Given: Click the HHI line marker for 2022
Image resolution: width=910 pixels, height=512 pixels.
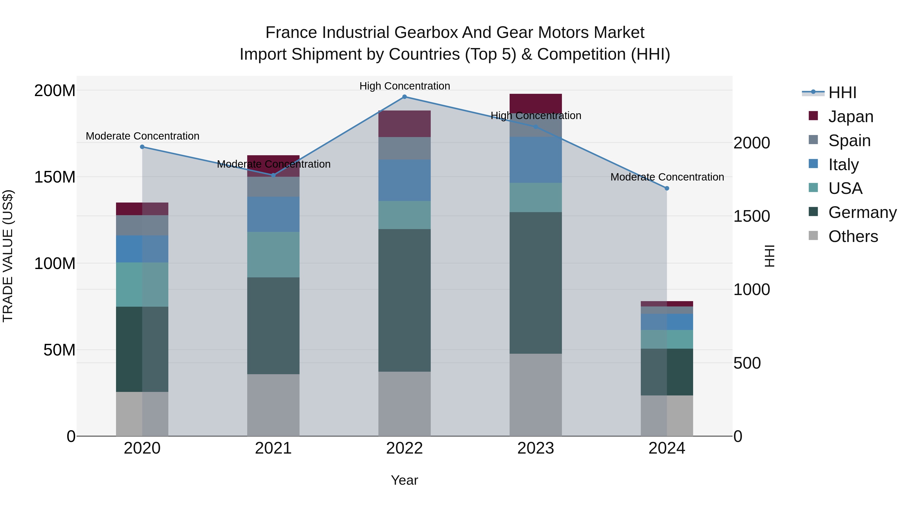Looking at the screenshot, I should [x=404, y=97].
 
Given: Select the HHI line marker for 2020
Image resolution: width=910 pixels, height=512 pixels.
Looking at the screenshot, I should [x=142, y=147].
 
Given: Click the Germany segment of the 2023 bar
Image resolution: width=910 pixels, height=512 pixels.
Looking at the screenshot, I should [x=536, y=283].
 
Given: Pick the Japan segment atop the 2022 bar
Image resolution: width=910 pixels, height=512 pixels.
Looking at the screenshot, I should [x=404, y=124].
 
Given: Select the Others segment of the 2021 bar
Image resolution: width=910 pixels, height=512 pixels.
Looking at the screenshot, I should [x=273, y=405].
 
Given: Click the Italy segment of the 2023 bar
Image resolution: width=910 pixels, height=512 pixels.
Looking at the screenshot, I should [x=536, y=160].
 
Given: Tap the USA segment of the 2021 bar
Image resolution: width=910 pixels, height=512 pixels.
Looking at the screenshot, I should [x=273, y=254].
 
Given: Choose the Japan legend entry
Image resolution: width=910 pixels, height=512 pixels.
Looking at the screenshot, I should [x=850, y=117].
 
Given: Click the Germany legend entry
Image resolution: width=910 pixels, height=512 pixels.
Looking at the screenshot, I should [x=862, y=212].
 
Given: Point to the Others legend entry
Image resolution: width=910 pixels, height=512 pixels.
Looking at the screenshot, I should [x=853, y=236].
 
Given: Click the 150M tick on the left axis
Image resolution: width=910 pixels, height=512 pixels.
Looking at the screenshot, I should [x=55, y=177].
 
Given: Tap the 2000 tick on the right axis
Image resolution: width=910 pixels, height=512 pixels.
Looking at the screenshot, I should [x=752, y=143].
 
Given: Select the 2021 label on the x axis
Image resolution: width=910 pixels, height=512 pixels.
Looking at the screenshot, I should [x=273, y=448].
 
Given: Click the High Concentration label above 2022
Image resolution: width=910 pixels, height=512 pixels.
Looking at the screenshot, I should [x=404, y=86].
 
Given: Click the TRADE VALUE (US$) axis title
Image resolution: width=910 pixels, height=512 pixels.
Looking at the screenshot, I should [x=8, y=256].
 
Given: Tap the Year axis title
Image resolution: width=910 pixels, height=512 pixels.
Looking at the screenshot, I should [x=404, y=480].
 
